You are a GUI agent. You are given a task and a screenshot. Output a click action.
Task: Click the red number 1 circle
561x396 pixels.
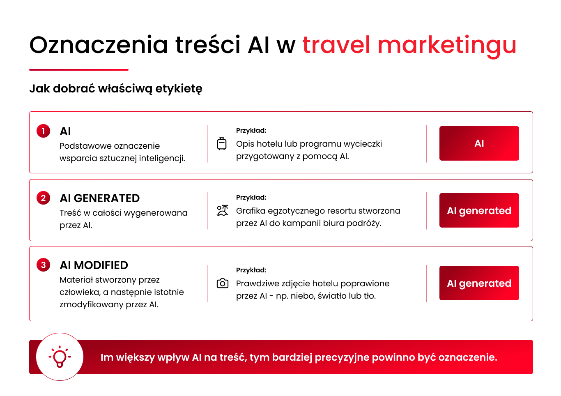click(x=43, y=131)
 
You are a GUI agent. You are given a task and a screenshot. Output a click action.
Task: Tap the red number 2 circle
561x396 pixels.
click(x=43, y=198)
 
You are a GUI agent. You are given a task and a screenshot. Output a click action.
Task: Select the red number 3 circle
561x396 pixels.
click(x=43, y=265)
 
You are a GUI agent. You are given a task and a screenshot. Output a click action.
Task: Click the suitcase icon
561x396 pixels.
click(x=222, y=144)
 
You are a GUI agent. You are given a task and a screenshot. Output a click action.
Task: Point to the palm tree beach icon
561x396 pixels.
click(x=223, y=210)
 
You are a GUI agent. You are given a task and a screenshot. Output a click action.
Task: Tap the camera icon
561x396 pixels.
click(x=223, y=283)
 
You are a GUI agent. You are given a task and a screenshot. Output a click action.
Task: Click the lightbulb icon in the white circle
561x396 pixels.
click(x=60, y=357)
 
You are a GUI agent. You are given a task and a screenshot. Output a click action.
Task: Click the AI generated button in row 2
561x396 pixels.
click(x=479, y=210)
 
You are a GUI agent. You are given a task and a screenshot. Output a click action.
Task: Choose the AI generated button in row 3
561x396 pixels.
click(x=479, y=283)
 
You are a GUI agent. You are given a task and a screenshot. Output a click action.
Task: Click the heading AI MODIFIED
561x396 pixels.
click(x=94, y=265)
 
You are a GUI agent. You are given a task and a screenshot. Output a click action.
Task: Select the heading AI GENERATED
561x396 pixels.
click(x=100, y=198)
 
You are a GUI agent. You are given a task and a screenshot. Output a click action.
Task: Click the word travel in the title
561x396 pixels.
click(x=336, y=45)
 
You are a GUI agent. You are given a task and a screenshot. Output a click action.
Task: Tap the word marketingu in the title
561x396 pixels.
click(x=447, y=47)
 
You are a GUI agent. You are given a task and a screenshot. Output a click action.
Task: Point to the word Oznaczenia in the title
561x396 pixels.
click(x=99, y=45)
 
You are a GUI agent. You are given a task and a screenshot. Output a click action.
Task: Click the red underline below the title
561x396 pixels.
click(x=79, y=70)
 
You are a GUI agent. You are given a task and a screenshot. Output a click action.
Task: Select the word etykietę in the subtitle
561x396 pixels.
click(x=179, y=89)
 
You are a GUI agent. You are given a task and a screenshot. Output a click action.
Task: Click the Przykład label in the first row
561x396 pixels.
click(x=251, y=131)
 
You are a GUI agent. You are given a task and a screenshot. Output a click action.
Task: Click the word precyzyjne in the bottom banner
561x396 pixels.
click(x=342, y=358)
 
